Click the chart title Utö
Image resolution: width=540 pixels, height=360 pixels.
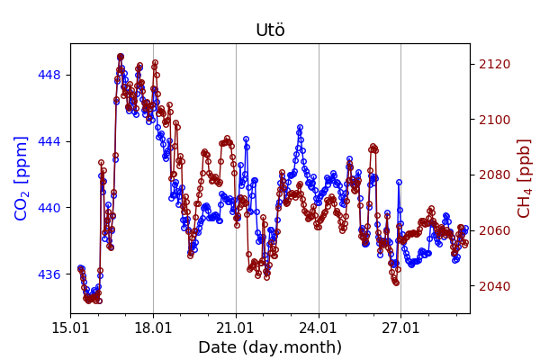pyautogui.click(x=270, y=31)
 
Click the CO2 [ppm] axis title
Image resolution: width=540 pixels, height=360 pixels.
pyautogui.click(x=22, y=178)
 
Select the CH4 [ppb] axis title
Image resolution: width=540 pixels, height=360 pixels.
pyautogui.click(x=524, y=178)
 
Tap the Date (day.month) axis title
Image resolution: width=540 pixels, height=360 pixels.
pyautogui.click(x=270, y=347)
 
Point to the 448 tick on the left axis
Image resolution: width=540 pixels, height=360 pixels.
pyautogui.click(x=49, y=75)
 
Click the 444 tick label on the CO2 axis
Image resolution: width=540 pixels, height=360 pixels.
pyautogui.click(x=49, y=141)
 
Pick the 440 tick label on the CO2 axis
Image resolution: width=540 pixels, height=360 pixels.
pyautogui.click(x=49, y=208)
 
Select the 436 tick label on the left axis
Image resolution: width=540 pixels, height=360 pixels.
pyautogui.click(x=49, y=274)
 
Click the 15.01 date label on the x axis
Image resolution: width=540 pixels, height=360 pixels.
pyautogui.click(x=70, y=327)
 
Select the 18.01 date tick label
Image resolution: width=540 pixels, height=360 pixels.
pyautogui.click(x=153, y=327)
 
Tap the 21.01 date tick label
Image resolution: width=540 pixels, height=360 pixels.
pyautogui.click(x=236, y=327)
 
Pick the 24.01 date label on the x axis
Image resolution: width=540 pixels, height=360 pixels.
pyautogui.click(x=319, y=327)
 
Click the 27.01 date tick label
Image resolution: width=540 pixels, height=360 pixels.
pyautogui.click(x=400, y=327)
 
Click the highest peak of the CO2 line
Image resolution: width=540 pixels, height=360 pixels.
pyautogui.click(x=121, y=57)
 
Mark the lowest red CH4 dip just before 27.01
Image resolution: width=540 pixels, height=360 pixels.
pyautogui.click(x=396, y=283)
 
